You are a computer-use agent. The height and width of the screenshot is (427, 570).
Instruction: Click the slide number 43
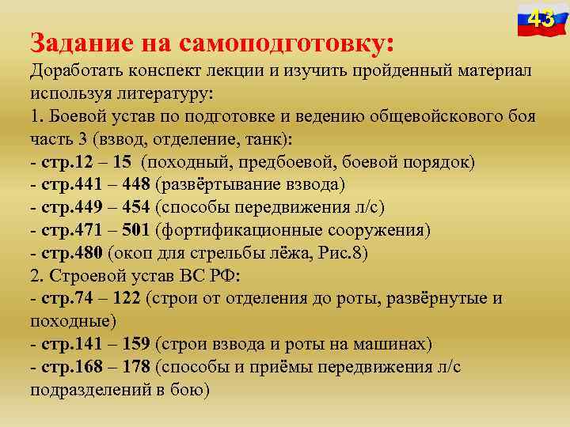click(541, 18)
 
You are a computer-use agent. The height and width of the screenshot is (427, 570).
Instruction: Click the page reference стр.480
click(68, 253)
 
